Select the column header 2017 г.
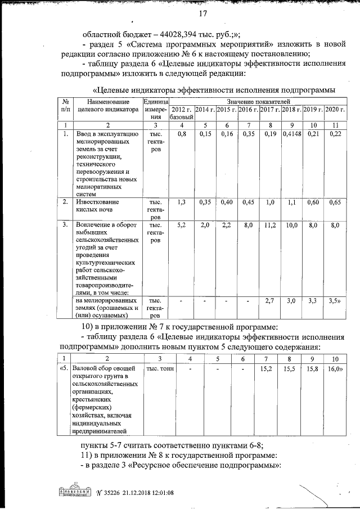click(x=271, y=109)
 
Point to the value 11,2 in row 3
click(x=271, y=225)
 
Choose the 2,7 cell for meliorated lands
click(x=271, y=301)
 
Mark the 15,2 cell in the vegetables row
click(x=267, y=369)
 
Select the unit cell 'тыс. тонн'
click(x=160, y=369)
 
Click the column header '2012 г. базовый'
click(x=182, y=112)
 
